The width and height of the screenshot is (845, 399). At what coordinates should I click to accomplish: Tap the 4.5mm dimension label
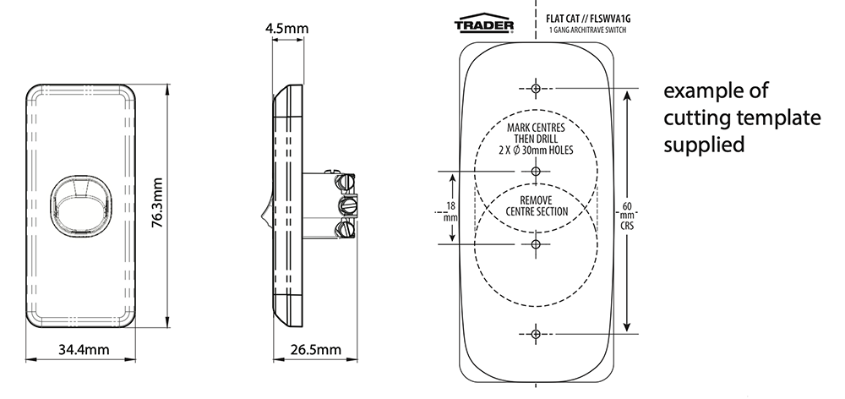pos(286,29)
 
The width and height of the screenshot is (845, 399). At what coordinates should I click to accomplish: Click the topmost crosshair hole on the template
pos(536,89)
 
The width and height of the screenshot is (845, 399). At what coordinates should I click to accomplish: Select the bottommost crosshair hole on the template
pos(536,334)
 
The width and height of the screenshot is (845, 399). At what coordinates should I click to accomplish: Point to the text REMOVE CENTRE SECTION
pos(536,205)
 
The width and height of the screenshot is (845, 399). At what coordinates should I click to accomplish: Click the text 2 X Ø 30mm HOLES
pos(536,150)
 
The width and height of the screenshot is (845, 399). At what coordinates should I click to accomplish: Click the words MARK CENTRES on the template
pos(536,127)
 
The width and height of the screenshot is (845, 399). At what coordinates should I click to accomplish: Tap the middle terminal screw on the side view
pos(346,205)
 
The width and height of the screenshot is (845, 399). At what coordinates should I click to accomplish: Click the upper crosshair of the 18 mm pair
pos(536,172)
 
